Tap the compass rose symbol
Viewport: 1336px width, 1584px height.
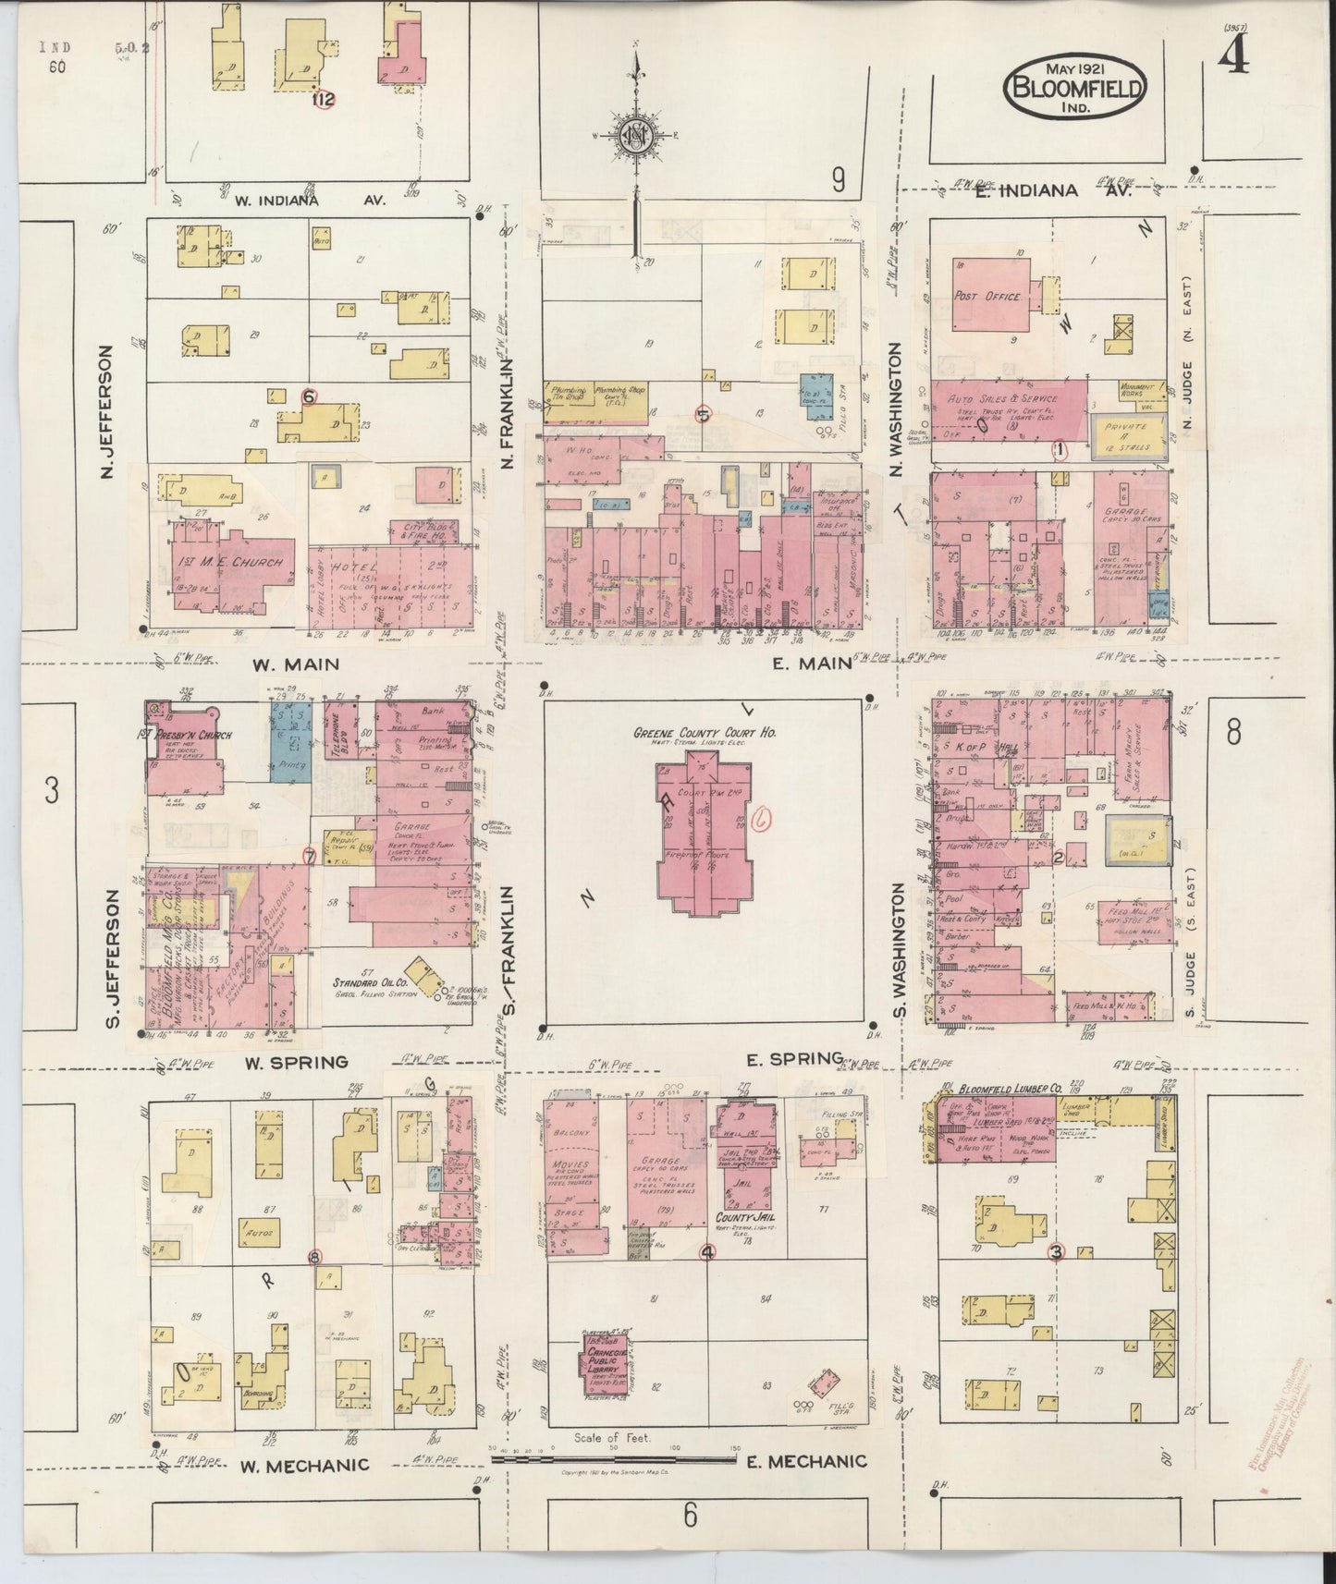637,137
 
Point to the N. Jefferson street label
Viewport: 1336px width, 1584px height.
106,412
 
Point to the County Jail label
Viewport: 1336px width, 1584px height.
745,1219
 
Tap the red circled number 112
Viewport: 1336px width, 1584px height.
323,100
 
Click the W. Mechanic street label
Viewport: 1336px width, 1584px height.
305,1466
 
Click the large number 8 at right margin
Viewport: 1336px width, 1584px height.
1232,733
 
